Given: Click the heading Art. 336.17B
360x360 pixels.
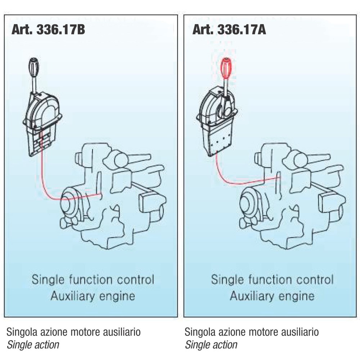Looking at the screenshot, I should click(48, 29).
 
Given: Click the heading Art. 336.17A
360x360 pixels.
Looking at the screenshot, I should click(229, 29).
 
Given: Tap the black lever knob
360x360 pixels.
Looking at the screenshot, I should click(34, 67).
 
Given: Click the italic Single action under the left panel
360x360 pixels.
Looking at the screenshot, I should click(33, 345).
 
